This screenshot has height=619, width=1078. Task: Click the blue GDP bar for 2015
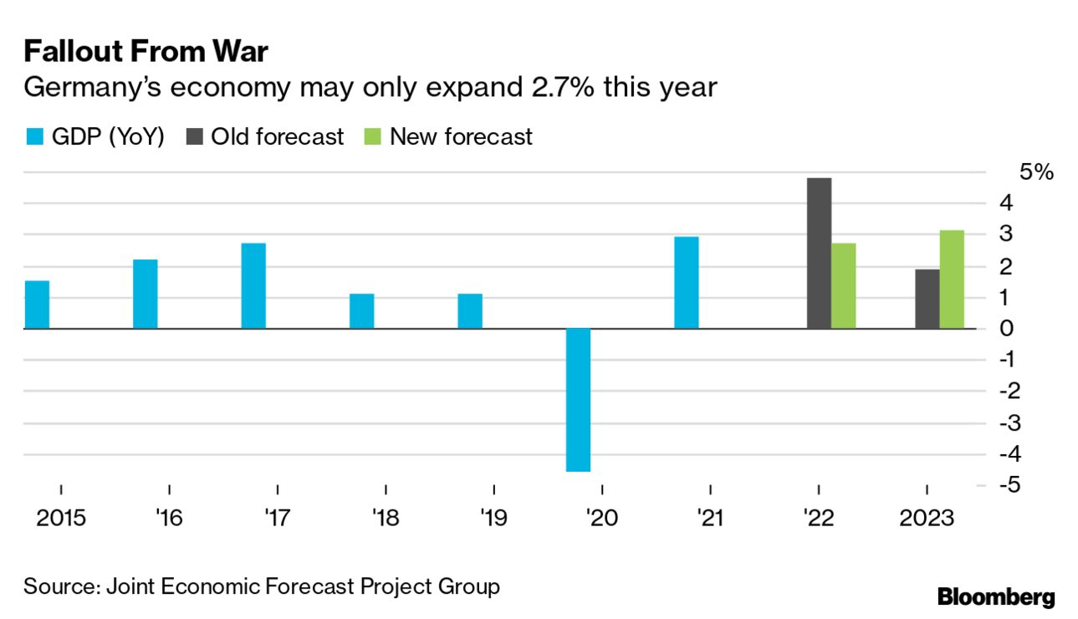pyautogui.click(x=37, y=304)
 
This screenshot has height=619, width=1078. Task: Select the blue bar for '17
pyautogui.click(x=253, y=286)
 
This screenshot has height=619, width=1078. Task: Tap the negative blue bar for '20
pyautogui.click(x=578, y=400)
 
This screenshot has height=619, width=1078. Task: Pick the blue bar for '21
pyautogui.click(x=687, y=283)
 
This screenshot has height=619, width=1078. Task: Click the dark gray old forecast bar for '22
pyautogui.click(x=819, y=253)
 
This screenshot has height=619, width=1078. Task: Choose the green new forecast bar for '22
pyautogui.click(x=844, y=286)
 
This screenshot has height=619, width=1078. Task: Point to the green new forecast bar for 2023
pyautogui.click(x=952, y=279)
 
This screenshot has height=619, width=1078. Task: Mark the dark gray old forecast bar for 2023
pyautogui.click(x=927, y=299)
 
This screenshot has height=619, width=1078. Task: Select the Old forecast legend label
pyautogui.click(x=277, y=136)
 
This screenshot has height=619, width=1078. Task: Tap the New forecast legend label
pyautogui.click(x=461, y=136)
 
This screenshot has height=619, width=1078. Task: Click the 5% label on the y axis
pyautogui.click(x=1037, y=173)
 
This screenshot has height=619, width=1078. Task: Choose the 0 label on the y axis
pyautogui.click(x=1007, y=329)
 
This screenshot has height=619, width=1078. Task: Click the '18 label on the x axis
pyautogui.click(x=385, y=519)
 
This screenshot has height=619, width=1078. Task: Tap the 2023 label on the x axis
pyautogui.click(x=927, y=519)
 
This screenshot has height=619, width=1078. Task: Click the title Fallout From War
pyautogui.click(x=146, y=52)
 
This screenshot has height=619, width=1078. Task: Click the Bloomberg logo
pyautogui.click(x=996, y=597)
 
